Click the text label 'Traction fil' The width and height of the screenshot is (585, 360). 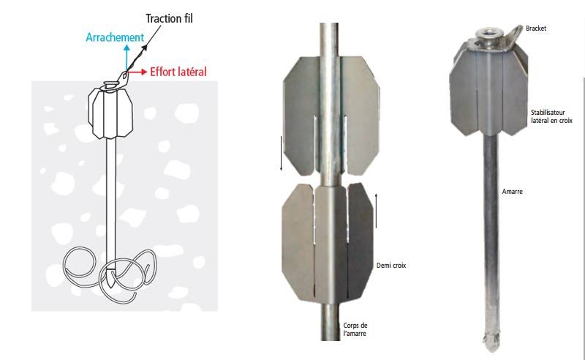[x=169, y=18]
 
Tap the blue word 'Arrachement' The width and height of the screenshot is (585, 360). [x=115, y=37]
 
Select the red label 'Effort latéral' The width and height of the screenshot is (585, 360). [x=178, y=72]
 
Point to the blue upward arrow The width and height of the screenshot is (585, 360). [x=127, y=58]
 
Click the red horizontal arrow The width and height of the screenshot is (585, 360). [x=137, y=72]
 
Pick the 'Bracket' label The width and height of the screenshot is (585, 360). [x=536, y=29]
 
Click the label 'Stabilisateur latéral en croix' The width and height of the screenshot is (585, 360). [x=551, y=116]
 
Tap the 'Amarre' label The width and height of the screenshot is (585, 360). [x=513, y=192]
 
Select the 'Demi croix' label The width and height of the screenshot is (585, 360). [x=391, y=266]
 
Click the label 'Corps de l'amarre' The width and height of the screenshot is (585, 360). [x=355, y=329]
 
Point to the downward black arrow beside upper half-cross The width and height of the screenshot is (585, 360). [x=282, y=154]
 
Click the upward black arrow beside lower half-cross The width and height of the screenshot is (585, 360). [x=376, y=211]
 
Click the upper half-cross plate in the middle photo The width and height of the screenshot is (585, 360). [x=331, y=116]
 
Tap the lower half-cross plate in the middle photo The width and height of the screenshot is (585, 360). [x=327, y=242]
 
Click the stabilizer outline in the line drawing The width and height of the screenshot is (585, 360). [x=111, y=113]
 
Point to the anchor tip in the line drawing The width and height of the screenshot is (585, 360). [x=112, y=278]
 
